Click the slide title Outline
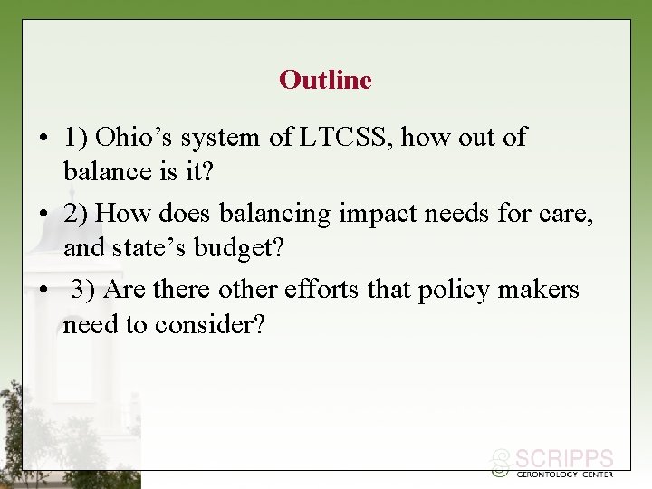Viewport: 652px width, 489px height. point(325,80)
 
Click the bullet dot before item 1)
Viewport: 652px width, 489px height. point(43,139)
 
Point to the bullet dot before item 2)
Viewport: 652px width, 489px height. point(43,216)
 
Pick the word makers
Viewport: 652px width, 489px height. point(543,290)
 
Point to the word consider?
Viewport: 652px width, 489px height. point(209,324)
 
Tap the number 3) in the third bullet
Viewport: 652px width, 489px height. point(83,290)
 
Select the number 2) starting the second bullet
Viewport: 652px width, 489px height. point(76,214)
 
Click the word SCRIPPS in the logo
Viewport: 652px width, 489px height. point(564,459)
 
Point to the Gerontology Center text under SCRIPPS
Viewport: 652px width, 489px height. point(563,474)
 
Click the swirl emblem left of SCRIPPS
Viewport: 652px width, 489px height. point(499,464)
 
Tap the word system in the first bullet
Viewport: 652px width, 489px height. point(224,138)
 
